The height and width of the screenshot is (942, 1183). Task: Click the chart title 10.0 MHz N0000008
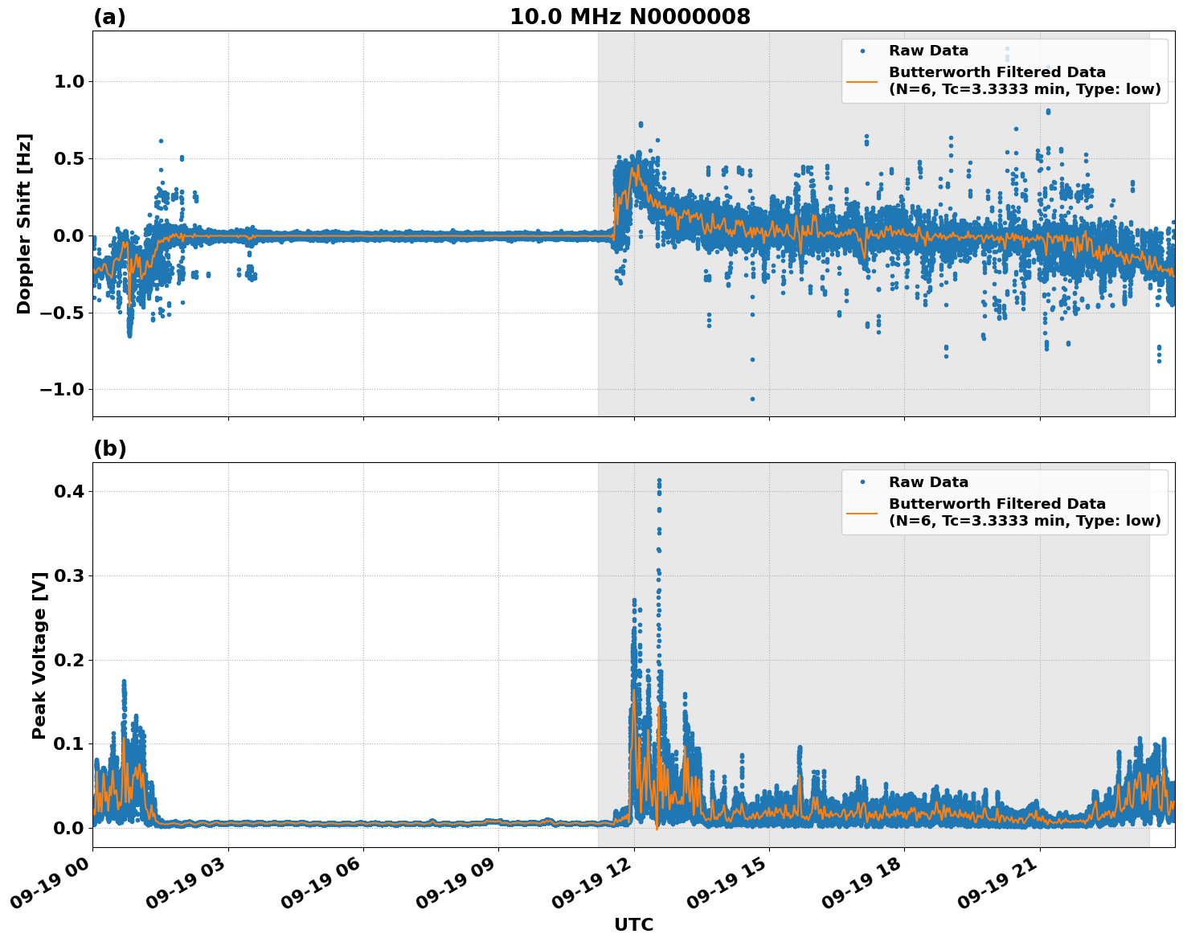click(629, 17)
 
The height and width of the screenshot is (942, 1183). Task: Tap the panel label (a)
click(109, 17)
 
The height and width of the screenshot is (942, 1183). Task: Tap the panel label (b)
click(109, 448)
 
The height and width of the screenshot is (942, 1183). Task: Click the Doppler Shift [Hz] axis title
click(24, 223)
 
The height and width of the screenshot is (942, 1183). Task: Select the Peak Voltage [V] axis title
click(39, 655)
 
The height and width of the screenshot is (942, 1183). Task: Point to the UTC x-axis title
click(633, 924)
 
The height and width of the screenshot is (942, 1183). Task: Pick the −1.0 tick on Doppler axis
click(63, 390)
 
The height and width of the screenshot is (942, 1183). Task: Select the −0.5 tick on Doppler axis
click(63, 313)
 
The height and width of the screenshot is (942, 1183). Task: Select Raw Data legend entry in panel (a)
click(928, 51)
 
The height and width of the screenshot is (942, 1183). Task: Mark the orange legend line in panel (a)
click(862, 81)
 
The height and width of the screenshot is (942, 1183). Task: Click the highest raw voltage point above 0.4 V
click(659, 481)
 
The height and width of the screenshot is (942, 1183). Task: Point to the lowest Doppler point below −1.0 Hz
click(752, 399)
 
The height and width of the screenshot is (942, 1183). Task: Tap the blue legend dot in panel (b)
click(862, 482)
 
